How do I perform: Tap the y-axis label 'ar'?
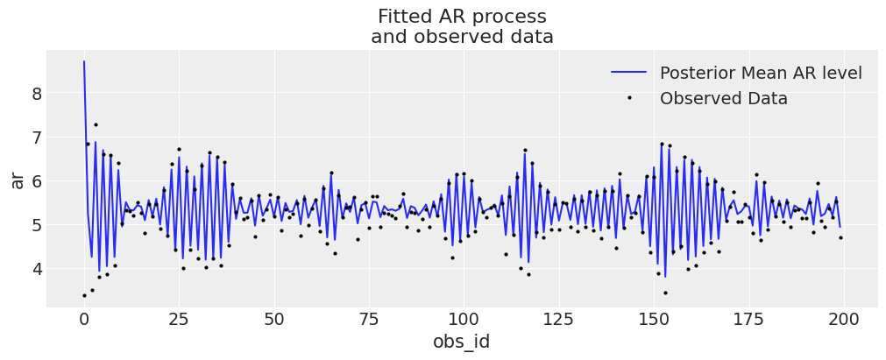coord(17,180)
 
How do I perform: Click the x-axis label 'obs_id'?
coord(462,342)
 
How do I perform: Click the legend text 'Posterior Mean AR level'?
coord(761,73)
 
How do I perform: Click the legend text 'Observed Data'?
coord(723,99)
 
